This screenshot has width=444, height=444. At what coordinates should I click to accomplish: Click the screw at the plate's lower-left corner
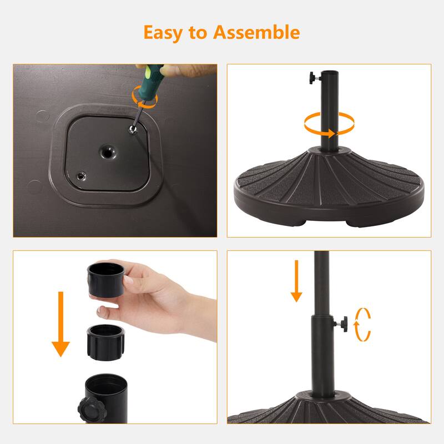82,176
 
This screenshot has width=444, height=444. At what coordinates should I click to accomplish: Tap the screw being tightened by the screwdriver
132,129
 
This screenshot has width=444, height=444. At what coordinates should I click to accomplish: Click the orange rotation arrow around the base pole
329,123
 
